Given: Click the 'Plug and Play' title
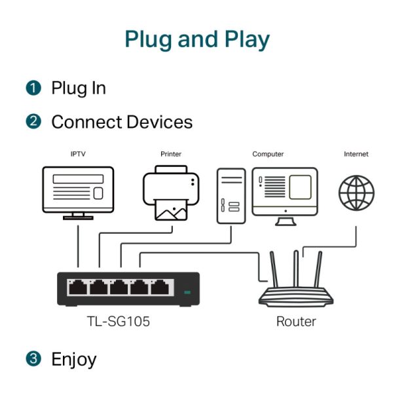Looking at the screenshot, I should click(x=196, y=39).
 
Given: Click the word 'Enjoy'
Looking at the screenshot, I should click(x=74, y=360).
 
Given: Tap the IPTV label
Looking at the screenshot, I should click(x=78, y=155).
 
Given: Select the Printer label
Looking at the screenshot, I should click(x=171, y=155).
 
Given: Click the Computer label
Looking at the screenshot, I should click(x=268, y=155).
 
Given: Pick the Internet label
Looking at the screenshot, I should click(x=356, y=155).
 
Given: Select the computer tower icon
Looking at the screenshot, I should click(x=231, y=196).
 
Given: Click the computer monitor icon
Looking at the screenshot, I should click(x=285, y=191).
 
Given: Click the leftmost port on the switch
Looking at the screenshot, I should click(x=78, y=288).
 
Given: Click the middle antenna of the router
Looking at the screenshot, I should click(x=296, y=269).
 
